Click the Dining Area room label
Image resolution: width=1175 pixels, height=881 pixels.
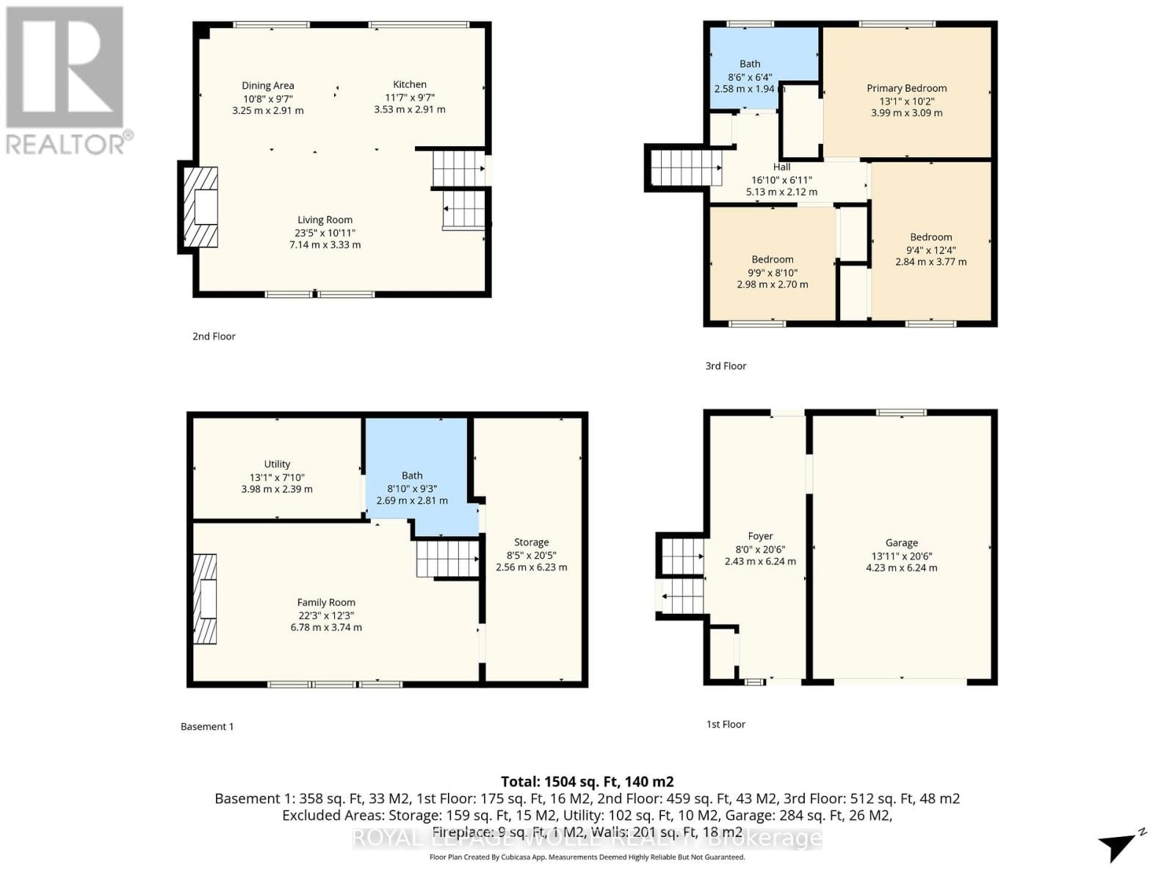pyautogui.click(x=267, y=86)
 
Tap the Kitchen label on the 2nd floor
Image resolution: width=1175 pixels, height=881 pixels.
pyautogui.click(x=409, y=84)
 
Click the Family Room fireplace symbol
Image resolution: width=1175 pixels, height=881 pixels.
pyautogui.click(x=206, y=599)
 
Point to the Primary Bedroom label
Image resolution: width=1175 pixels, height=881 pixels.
pyautogui.click(x=906, y=88)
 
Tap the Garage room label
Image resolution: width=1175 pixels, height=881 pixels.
pyautogui.click(x=901, y=543)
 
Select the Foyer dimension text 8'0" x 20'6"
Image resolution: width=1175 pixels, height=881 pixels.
pyautogui.click(x=760, y=549)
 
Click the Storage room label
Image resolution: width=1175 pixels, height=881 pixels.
pyautogui.click(x=531, y=543)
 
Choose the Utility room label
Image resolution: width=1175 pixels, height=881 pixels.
pyautogui.click(x=277, y=464)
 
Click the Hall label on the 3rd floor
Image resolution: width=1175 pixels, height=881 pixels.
pyautogui.click(x=781, y=167)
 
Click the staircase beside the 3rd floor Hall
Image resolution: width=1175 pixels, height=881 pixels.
pyautogui.click(x=685, y=167)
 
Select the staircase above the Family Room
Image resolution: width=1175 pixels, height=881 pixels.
pyautogui.click(x=446, y=559)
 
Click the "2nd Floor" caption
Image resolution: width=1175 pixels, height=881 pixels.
pyautogui.click(x=214, y=336)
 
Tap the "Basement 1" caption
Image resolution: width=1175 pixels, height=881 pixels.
pyautogui.click(x=207, y=726)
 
